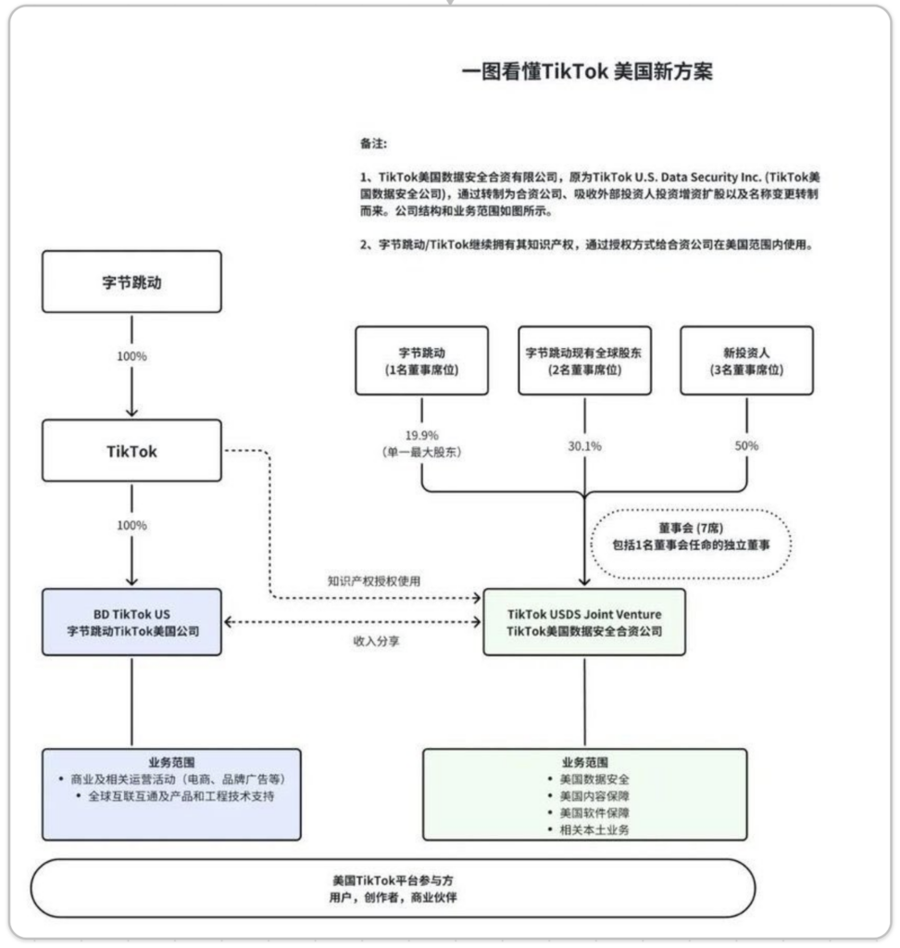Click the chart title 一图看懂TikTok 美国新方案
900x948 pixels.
coord(587,72)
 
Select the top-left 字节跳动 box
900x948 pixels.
coord(131,281)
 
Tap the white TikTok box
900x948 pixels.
coord(131,452)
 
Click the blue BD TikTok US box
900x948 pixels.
coord(131,622)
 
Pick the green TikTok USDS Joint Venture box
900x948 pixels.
coord(584,622)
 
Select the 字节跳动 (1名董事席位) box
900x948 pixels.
coord(421,360)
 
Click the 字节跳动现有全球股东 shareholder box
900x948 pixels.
coord(584,360)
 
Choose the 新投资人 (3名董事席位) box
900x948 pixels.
coord(746,360)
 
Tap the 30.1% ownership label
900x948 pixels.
coord(584,446)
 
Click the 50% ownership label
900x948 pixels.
coord(746,445)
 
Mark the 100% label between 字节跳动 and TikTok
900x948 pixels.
coord(131,355)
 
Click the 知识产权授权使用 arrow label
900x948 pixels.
coord(373,582)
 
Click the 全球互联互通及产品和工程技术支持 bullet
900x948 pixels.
coord(177,795)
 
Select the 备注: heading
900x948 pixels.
coord(374,143)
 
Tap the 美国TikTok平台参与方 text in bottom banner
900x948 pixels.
coord(393,881)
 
